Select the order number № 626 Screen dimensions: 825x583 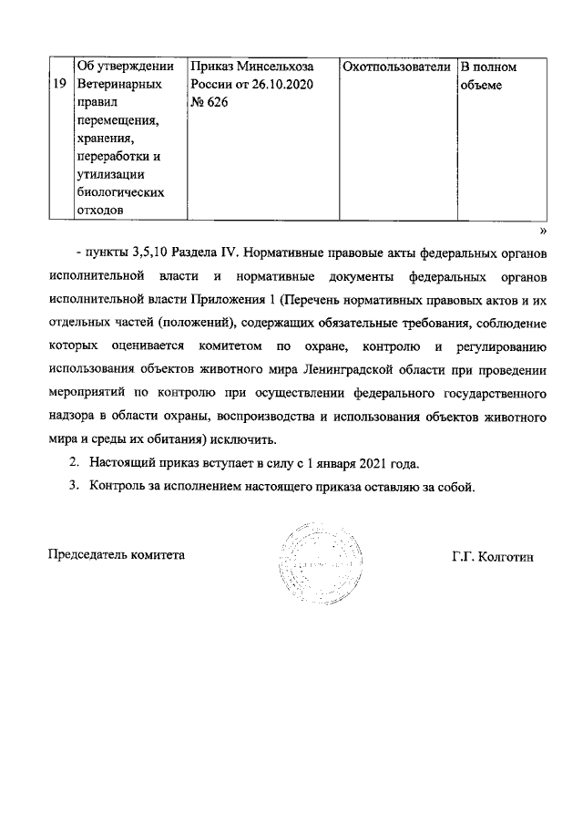[209, 103]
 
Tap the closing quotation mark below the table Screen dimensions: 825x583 [541, 231]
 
